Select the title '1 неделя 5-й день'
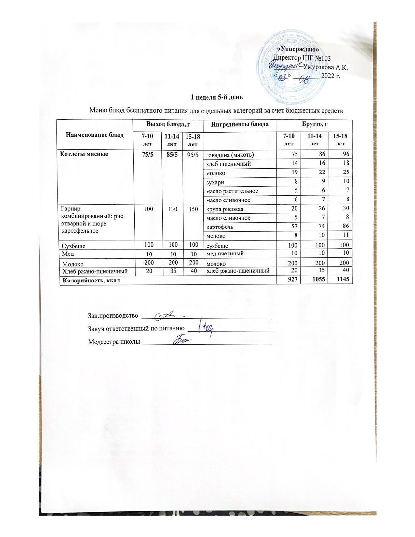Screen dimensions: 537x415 [x=216, y=97]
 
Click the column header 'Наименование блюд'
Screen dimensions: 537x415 [x=95, y=135]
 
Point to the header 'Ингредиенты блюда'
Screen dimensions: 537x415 [x=240, y=124]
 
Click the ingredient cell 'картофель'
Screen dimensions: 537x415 [x=219, y=227]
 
